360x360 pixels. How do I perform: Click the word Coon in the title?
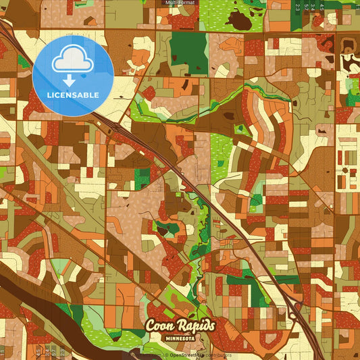coord(160,326)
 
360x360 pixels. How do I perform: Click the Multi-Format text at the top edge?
coord(180,3)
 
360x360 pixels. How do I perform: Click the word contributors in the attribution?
coord(216,355)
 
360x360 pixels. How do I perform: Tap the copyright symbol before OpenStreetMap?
coord(165,355)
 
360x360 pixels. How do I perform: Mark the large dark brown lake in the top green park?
coord(239,20)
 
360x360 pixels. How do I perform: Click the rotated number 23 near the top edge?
coord(297,7)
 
